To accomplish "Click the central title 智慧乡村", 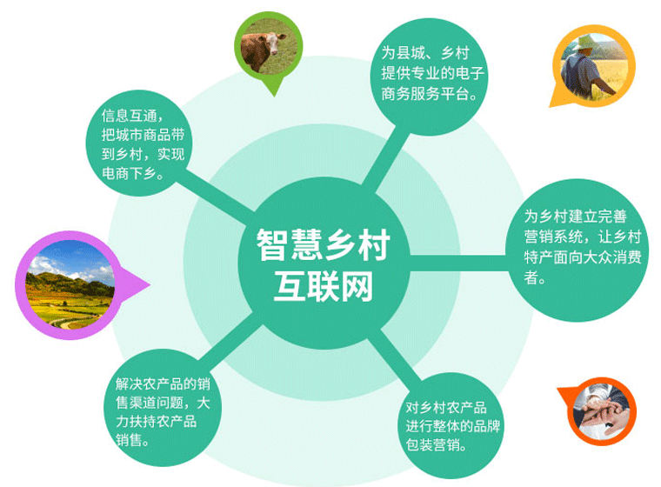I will point(322,244).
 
